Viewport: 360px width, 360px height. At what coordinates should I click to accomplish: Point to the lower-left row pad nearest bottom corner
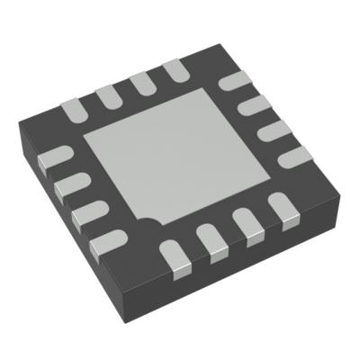tap(106, 238)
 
